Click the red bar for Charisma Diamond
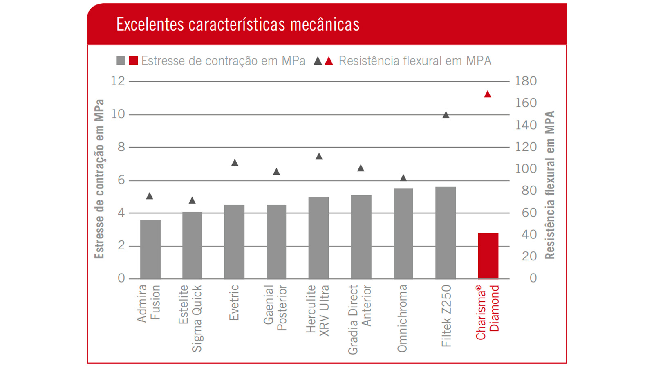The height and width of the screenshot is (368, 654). [488, 256]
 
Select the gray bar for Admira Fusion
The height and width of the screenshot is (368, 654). [150, 249]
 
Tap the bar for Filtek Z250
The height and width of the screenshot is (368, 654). [446, 233]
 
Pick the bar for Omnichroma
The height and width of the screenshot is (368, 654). [403, 233]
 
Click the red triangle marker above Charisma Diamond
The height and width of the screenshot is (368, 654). [487, 94]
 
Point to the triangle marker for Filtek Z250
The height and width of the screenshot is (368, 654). [446, 115]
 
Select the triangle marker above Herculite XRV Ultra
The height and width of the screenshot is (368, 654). [319, 157]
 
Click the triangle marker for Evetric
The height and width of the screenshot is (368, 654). [235, 163]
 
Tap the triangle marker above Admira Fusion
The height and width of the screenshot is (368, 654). [150, 196]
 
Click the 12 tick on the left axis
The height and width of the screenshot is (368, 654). [118, 81]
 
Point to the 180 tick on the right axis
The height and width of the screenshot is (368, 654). [526, 81]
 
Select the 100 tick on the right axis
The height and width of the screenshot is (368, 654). [526, 168]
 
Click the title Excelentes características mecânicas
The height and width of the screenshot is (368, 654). [238, 25]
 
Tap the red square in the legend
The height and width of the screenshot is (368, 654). [133, 61]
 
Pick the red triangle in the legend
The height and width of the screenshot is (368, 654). [329, 61]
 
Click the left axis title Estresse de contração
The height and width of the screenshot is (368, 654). [99, 179]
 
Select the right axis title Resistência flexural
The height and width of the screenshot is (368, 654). [550, 185]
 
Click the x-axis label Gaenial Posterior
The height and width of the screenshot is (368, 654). [275, 307]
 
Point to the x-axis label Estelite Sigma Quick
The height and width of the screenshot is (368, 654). [190, 318]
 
